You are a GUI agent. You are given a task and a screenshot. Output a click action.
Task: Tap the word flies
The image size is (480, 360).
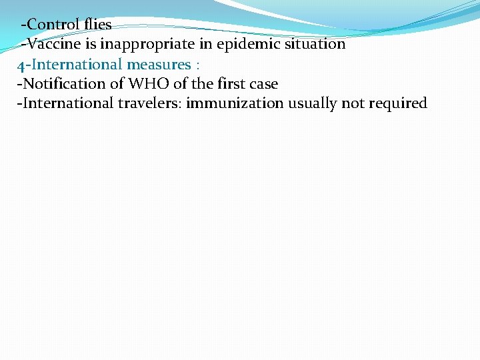click(98, 25)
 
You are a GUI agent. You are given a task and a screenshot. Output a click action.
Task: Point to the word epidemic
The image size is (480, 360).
click(233, 45)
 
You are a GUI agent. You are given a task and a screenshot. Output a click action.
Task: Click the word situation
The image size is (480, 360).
click(313, 45)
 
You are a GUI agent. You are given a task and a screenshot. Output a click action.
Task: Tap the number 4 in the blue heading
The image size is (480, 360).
click(21, 65)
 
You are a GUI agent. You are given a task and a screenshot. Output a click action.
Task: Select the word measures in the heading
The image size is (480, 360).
click(159, 65)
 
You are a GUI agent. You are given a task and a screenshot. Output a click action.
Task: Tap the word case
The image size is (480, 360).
click(263, 84)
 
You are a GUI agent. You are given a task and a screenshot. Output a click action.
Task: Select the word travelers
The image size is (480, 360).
click(151, 104)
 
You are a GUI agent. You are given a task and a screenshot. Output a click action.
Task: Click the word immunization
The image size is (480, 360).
click(237, 104)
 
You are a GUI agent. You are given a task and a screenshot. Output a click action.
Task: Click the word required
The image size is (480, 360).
click(399, 104)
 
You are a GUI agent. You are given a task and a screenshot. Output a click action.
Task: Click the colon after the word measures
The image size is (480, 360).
click(198, 65)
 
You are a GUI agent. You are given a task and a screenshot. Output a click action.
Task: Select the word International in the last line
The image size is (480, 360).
click(67, 104)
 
